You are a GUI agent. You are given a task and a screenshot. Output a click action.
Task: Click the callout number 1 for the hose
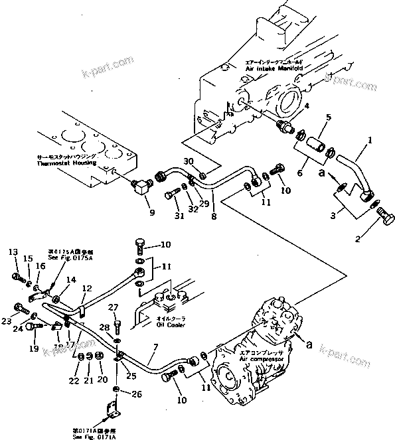[x=370, y=141]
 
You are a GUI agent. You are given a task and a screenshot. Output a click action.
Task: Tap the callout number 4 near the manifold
[x=306, y=104]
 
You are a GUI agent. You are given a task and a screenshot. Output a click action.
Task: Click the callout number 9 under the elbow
[x=151, y=212]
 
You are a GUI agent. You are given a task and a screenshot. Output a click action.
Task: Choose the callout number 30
[x=187, y=161]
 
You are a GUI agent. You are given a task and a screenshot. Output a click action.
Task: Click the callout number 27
[x=113, y=307]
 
